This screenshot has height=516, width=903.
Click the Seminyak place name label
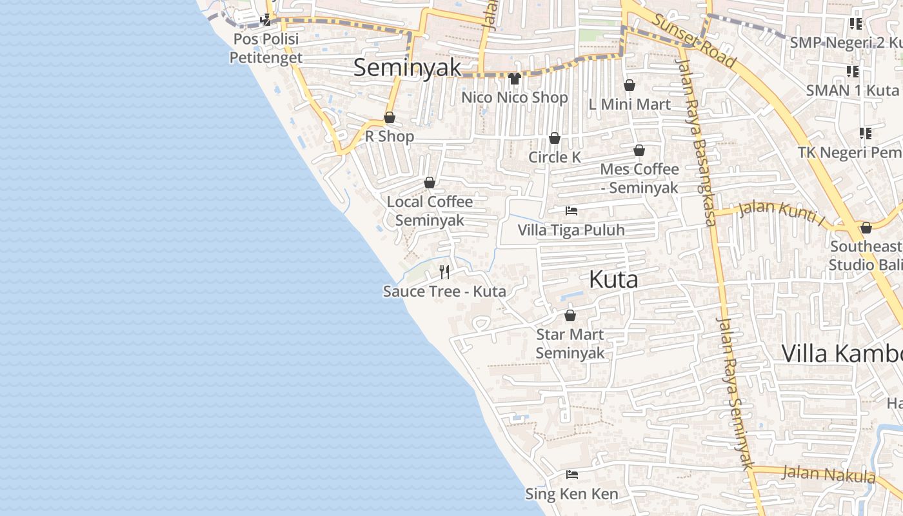408,68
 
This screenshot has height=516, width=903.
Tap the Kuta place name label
613,279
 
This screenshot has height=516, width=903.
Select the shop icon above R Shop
390,117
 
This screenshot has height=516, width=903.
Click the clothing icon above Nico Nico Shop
514,79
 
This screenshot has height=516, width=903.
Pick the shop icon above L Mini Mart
630,85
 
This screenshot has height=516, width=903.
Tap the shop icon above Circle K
555,139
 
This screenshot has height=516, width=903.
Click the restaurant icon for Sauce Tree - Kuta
444,272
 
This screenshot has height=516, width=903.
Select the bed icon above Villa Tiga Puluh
571,211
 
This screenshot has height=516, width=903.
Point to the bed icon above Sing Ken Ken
571,475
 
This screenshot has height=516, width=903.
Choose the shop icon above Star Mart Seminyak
570,315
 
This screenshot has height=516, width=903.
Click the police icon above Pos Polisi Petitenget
266,20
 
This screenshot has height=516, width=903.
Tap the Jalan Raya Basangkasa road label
695,142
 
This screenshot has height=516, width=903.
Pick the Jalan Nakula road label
829,474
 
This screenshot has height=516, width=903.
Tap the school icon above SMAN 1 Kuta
853,71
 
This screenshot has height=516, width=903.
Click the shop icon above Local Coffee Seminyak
430,183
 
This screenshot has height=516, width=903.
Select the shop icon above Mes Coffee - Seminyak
639,151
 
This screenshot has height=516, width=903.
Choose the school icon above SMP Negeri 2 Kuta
856,25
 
